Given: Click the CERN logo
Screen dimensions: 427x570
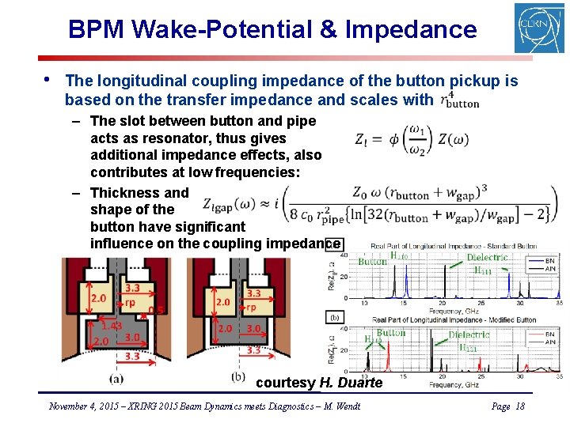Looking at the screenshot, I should (539, 28).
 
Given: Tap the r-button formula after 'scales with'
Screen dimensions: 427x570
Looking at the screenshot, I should (460, 100).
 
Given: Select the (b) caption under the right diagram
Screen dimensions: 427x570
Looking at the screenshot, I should (238, 376).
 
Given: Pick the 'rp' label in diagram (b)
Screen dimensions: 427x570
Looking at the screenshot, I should (250, 308).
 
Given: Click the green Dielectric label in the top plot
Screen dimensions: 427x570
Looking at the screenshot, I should (488, 258).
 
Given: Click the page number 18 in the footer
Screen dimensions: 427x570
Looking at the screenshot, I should (519, 406).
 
